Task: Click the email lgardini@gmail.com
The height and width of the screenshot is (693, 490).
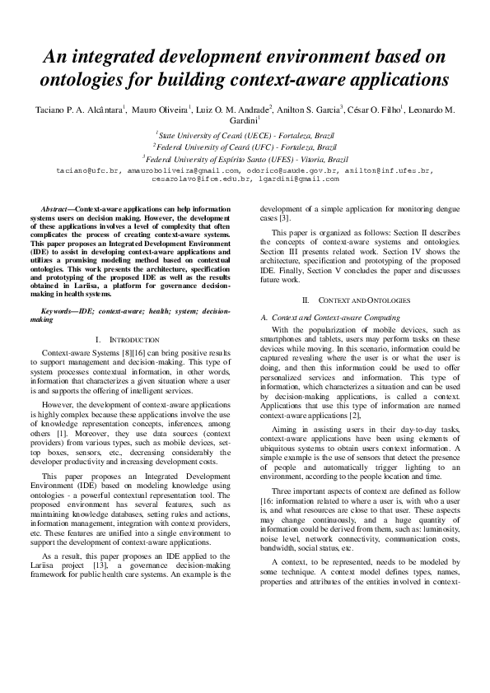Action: click(x=298, y=178)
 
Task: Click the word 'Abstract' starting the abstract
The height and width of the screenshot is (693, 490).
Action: click(x=57, y=210)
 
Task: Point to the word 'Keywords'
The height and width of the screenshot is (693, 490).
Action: click(x=59, y=312)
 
